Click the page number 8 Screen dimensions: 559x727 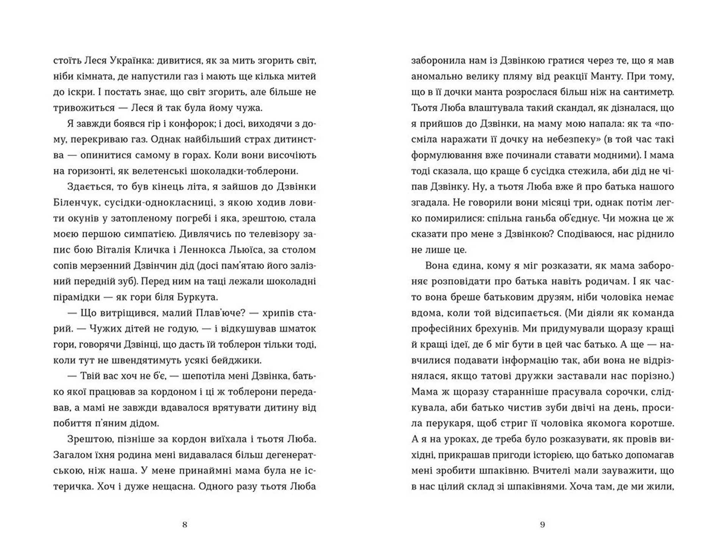[185, 525]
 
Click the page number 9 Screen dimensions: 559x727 [542, 525]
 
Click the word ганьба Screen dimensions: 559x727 [597, 218]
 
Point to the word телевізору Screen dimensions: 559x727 [265, 234]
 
